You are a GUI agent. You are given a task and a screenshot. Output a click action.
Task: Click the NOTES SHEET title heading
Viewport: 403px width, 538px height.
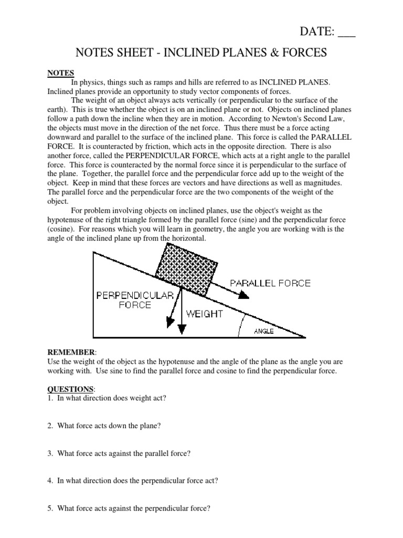click(202, 53)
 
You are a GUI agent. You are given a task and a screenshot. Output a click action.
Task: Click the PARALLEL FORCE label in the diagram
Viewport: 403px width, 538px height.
click(270, 283)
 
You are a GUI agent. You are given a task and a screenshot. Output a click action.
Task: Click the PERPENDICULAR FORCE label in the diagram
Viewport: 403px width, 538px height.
click(135, 300)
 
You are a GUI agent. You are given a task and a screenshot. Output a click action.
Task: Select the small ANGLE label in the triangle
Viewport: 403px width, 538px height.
click(264, 332)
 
